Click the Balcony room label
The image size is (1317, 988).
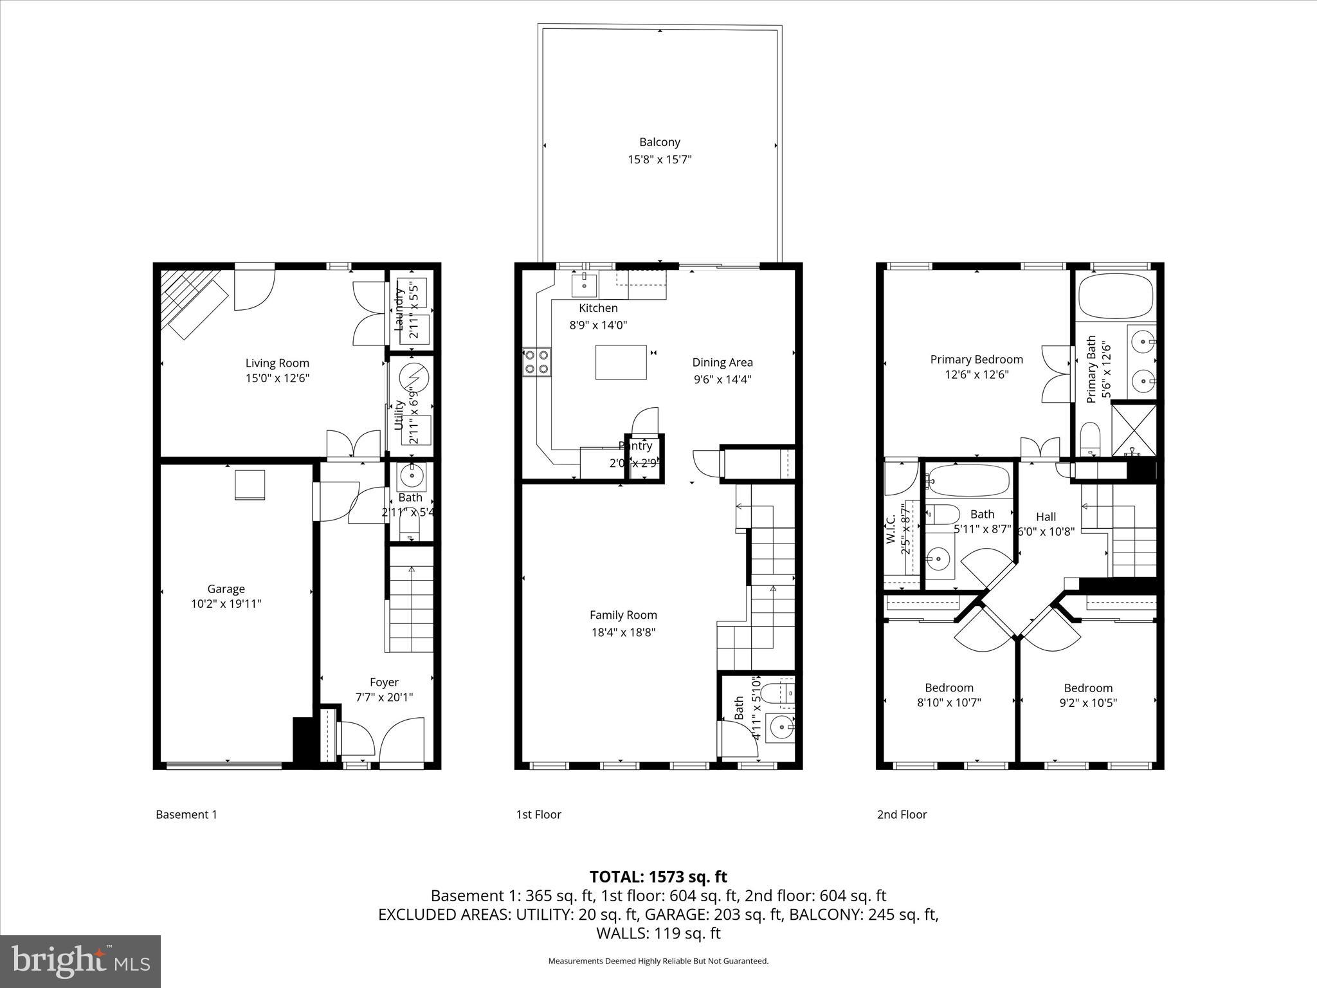coord(659,142)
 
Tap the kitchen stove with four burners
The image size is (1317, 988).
coord(537,361)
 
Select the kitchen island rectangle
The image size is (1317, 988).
coord(621,362)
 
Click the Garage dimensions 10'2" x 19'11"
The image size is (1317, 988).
coord(226,604)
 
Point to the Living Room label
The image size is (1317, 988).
coord(277,363)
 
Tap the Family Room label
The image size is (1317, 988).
coord(623,615)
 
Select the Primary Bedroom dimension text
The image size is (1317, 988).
coord(976,374)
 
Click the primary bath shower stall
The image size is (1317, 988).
coord(1134,428)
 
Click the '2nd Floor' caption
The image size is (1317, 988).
coord(902,814)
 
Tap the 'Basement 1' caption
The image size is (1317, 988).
coord(186,814)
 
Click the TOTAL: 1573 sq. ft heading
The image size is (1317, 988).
coord(658,877)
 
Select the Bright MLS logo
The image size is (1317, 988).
coord(80,962)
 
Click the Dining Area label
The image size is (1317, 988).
coord(722,362)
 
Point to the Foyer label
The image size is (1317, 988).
coord(384,682)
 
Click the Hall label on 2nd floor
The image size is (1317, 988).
coord(1046,517)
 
